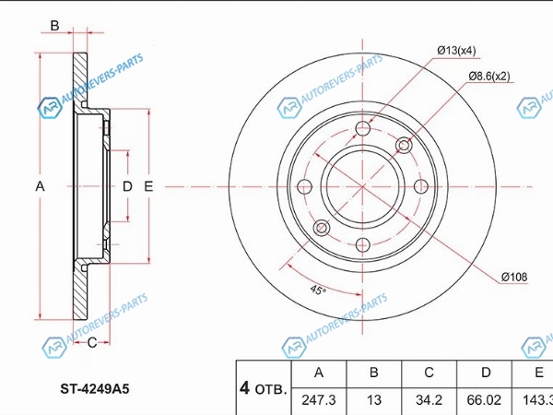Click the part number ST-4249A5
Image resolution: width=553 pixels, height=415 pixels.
tap(95, 389)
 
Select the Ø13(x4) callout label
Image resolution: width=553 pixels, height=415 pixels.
tap(456, 51)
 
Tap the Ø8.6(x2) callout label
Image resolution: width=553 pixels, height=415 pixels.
tap(489, 76)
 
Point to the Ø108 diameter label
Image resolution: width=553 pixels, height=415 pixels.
tap(514, 277)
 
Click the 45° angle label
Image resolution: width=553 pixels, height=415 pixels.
tap(318, 290)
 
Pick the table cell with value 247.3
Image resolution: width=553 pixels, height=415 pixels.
tap(319, 400)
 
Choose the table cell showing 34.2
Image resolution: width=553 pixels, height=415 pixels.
tap(429, 400)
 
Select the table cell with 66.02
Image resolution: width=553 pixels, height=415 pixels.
tap(484, 400)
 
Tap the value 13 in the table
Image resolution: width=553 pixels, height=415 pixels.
tap(374, 400)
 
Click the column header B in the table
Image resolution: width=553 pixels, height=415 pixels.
tap(374, 373)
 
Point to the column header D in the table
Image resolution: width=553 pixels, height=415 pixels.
tap(486, 373)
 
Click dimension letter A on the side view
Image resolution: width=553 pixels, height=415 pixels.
tap(40, 186)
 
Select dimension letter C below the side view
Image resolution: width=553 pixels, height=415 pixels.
tap(92, 342)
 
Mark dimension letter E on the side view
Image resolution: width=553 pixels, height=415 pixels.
tap(148, 186)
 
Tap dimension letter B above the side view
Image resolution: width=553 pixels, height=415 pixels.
tap(54, 26)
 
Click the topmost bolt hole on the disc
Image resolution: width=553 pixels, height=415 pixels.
tap(362, 128)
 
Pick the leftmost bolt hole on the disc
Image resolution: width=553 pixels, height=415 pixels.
tap(305, 186)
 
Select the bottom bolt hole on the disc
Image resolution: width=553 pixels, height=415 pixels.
tap(362, 244)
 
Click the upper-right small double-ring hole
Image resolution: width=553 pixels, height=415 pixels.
tap(404, 145)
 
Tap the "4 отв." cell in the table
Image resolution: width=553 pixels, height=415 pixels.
tap(264, 388)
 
